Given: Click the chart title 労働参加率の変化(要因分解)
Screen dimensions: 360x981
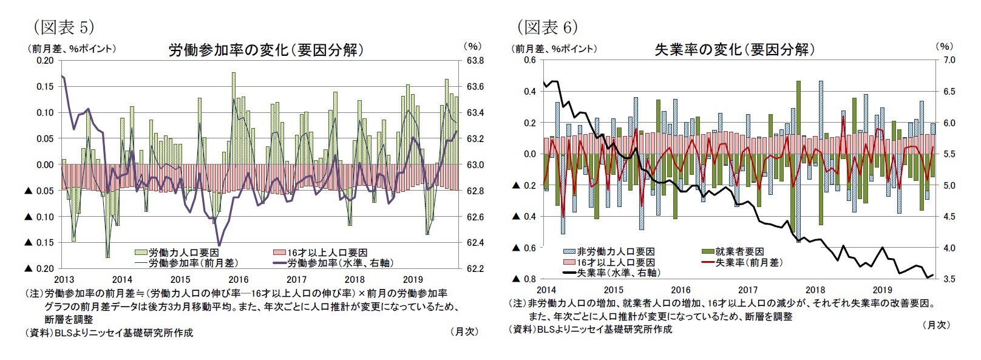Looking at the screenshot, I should pos(266,50).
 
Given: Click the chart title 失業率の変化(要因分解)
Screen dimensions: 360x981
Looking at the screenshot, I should pos(734,50).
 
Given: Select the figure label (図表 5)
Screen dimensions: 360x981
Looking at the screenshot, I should pos(63,27).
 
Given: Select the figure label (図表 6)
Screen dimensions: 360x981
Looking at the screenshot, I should pos(547,27).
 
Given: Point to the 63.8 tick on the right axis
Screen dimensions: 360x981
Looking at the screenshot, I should pos(475,61).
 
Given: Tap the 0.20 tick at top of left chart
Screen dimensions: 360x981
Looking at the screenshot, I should pos(44,61).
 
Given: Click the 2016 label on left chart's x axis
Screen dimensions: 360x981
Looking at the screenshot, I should pos(239,280).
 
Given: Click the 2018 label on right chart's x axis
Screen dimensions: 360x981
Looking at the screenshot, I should pos(815,290).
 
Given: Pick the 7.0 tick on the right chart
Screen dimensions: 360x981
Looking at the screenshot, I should pos(949,60).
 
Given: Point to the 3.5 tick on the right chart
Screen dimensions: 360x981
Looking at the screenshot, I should pos(949,279).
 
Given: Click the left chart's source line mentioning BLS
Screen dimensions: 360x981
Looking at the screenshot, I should pos(109,333).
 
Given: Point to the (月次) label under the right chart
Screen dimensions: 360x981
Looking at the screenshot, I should pos(935,325).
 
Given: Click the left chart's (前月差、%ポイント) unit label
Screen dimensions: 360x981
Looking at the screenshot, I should pos(70,49).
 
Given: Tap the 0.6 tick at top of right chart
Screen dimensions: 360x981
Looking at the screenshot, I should pos(529,60).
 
